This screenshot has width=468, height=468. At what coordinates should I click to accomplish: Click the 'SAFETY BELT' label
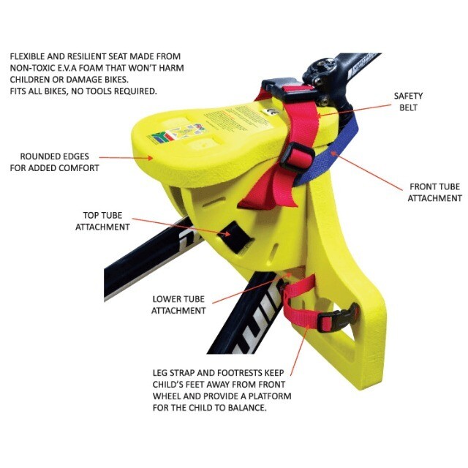pos(408,102)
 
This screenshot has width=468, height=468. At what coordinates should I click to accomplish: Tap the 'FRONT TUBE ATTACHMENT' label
pos(434,192)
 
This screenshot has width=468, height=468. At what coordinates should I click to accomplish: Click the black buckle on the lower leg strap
pos(334,320)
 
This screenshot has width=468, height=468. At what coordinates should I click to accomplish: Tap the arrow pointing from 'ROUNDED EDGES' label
pos(124,156)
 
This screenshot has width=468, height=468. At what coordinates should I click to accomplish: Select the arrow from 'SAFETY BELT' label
pos(351,109)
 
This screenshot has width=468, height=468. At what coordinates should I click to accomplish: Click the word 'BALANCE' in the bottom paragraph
pos(242,408)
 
